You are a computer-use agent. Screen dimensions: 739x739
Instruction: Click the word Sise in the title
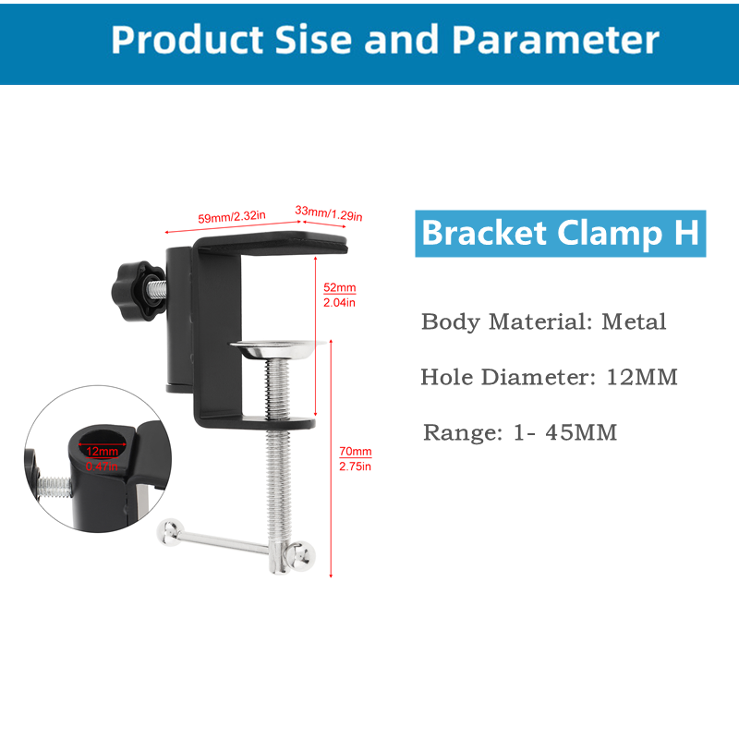313,40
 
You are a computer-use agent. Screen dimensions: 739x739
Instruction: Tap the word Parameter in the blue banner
556,40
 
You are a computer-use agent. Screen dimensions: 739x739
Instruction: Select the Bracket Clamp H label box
561,234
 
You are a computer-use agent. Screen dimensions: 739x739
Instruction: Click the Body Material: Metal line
543,321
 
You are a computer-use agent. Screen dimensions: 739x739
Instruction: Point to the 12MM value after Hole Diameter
642,377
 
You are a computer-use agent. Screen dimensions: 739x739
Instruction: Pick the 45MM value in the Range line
581,432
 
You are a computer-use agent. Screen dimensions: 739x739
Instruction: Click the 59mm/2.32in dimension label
232,217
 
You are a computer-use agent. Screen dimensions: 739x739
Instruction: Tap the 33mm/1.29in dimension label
329,213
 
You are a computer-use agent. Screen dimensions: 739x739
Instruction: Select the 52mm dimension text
339,287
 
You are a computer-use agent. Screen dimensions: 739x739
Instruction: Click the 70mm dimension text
356,452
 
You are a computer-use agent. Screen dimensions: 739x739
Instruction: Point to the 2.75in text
356,466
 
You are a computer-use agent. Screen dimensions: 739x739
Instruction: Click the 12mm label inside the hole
102,451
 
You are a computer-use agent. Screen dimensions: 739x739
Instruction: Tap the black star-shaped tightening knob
138,291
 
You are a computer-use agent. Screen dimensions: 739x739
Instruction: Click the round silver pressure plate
278,349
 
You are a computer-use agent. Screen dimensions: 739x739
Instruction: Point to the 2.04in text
339,303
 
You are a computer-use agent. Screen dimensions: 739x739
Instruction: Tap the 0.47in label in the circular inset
102,466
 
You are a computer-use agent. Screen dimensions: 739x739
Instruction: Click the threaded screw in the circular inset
55,487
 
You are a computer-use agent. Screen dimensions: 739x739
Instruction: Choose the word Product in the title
188,40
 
